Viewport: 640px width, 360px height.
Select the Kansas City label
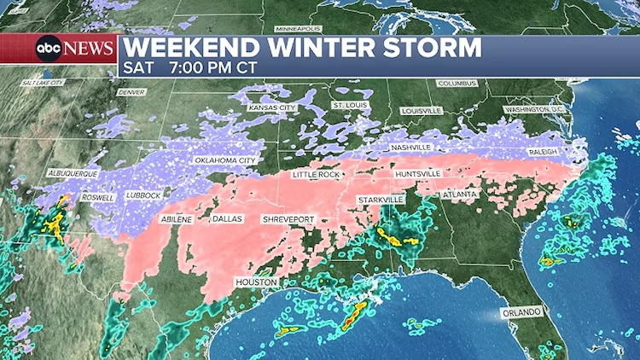point(271,108)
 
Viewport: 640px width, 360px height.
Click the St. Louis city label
point(349,104)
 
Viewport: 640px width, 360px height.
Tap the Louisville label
point(421,111)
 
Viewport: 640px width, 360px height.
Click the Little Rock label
point(317,174)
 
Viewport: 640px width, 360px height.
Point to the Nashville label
point(409,148)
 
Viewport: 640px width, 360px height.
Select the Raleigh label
point(542,151)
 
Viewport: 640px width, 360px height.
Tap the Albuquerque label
point(73,173)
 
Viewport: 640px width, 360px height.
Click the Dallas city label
point(227,219)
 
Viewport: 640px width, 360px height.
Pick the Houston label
point(257,282)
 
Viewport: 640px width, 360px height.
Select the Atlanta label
point(460,195)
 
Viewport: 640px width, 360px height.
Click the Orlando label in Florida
point(521,312)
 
